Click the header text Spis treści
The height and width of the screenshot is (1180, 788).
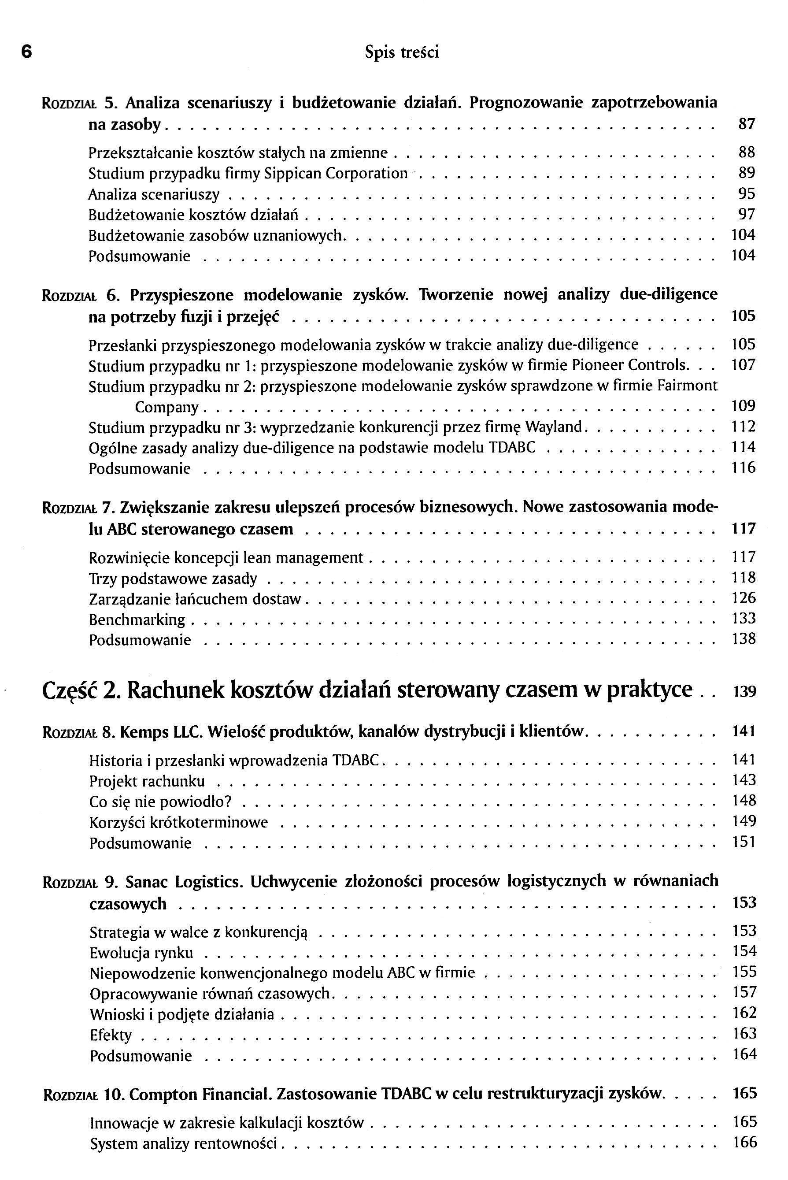coord(402,52)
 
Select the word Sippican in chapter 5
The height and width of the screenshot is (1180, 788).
coord(293,174)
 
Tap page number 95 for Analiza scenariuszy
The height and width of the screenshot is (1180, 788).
coord(746,194)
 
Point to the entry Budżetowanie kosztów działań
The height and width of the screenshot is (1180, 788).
coord(193,215)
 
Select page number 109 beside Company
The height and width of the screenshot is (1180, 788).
coord(743,406)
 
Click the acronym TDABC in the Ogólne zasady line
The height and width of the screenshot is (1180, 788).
coord(512,448)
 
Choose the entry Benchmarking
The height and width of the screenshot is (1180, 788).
coord(137,620)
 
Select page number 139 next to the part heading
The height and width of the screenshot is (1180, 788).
coord(744,692)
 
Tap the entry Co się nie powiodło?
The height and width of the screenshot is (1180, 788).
coord(160,802)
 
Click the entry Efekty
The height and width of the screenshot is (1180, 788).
coord(111,1035)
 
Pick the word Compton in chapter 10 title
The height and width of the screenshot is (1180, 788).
coord(164,1095)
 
